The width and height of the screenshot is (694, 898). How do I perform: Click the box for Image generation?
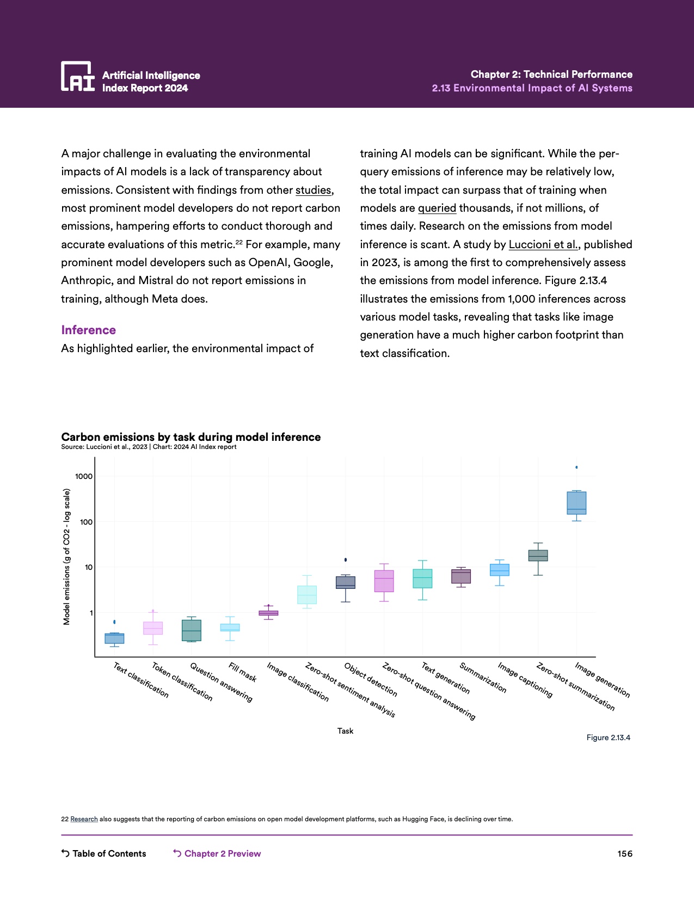point(576,503)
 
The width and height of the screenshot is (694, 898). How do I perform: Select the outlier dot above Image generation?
point(576,467)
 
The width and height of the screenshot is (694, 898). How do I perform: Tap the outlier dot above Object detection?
point(346,559)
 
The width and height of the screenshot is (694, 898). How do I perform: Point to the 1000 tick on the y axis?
point(84,476)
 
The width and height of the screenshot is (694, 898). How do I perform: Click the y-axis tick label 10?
point(88,567)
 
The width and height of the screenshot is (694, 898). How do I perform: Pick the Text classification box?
point(114,638)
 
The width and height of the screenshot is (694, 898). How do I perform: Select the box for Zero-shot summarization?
point(538,555)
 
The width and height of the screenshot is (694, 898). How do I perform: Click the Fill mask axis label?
point(242,672)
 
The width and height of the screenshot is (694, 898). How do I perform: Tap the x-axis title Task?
point(345,731)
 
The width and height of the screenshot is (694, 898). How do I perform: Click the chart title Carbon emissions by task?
point(191,437)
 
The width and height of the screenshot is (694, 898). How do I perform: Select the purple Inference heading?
point(88,330)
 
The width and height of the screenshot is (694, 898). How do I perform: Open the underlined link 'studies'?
point(313,190)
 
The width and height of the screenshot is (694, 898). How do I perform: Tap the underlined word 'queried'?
point(437,208)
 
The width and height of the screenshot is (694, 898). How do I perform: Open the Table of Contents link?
point(104,853)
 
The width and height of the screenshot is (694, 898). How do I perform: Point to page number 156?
point(625,853)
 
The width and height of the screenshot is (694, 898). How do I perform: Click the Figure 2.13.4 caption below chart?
point(608,737)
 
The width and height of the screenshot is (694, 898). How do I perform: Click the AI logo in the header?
point(78,76)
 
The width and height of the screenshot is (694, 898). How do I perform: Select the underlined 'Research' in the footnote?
point(84,819)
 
